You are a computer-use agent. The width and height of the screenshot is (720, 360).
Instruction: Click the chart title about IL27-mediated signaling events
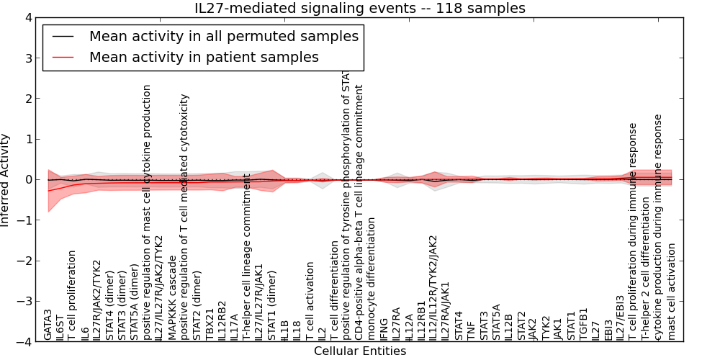click(x=360, y=8)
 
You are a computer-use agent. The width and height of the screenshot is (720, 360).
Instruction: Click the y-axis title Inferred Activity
click(x=6, y=180)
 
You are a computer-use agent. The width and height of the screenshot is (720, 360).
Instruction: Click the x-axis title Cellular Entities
click(x=360, y=351)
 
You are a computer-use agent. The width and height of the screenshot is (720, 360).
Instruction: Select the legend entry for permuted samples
click(x=223, y=36)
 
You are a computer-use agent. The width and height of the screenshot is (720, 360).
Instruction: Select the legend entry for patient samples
click(x=204, y=57)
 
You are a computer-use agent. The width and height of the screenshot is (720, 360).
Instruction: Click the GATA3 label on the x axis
click(x=48, y=325)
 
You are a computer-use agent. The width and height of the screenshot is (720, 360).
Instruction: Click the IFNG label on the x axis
click(x=384, y=328)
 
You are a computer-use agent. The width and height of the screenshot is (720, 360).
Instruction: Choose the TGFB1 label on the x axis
click(x=584, y=325)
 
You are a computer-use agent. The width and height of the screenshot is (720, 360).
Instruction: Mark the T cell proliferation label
click(x=73, y=295)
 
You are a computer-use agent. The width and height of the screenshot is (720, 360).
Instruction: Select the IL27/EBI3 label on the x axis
click(x=621, y=318)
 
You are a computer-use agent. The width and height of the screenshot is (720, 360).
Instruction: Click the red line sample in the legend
click(x=65, y=57)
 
